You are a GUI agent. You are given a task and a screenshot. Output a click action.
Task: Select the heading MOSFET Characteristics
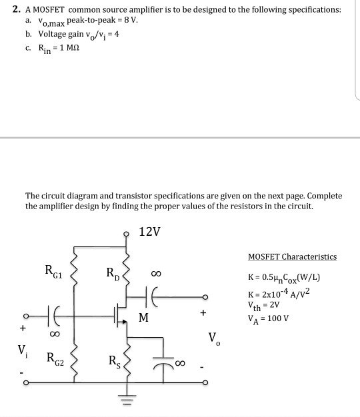[292, 256]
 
